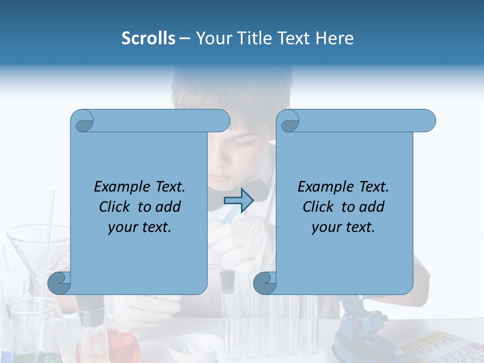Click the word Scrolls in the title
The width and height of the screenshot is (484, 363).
(x=148, y=38)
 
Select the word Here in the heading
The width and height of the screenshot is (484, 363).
(x=334, y=38)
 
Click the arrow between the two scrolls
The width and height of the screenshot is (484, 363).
(x=238, y=200)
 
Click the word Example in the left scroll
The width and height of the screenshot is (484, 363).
(x=117, y=187)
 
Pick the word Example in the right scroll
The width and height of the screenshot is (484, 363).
(x=321, y=187)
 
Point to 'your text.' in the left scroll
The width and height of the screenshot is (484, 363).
(x=140, y=227)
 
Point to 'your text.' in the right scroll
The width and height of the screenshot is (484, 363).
(x=343, y=227)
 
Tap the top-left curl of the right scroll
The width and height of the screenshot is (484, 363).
(x=289, y=122)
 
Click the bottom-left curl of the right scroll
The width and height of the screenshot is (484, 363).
(x=265, y=283)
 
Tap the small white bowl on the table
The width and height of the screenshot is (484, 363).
(x=192, y=349)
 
